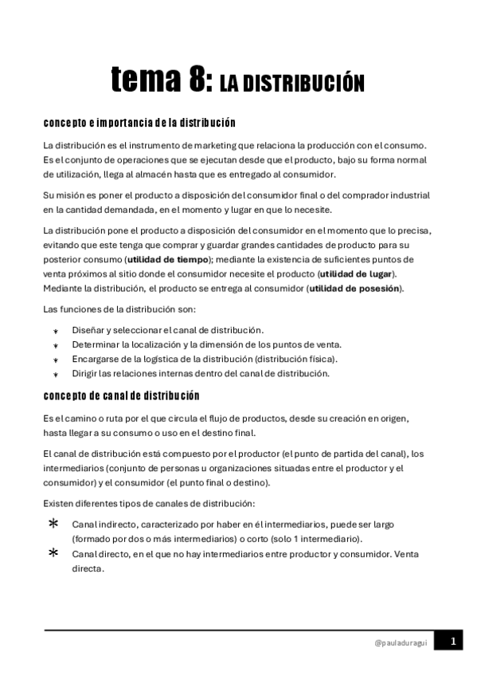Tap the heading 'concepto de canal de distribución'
point(121,395)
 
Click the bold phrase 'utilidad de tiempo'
point(166,260)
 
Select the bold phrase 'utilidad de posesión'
point(354,289)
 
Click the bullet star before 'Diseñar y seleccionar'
point(55,331)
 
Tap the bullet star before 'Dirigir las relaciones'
point(55,374)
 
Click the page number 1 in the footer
point(452,640)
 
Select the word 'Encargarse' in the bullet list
point(93,359)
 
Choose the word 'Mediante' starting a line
point(62,289)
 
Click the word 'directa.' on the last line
point(88,569)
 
